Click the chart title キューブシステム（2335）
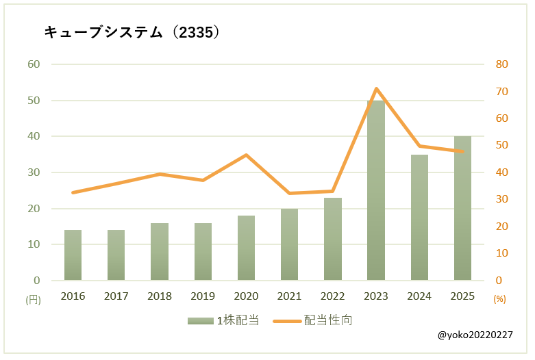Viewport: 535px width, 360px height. pos(132,32)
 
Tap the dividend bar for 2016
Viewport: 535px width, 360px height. pos(73,255)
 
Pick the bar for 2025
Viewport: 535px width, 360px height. pos(462,208)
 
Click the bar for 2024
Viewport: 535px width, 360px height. pos(419,217)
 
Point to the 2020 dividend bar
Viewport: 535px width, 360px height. pos(246,248)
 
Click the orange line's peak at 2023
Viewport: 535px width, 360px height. pos(376,88)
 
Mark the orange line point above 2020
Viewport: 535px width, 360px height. pos(246,155)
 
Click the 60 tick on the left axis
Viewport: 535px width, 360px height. pos(34,64)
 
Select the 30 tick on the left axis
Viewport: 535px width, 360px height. pos(34,172)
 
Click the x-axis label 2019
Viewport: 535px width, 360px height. pos(203,296)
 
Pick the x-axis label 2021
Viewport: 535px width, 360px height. pos(289,296)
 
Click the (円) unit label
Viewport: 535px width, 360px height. pos(33,299)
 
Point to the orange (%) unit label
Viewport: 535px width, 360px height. pos(499,299)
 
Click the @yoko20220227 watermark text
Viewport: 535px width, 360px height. pos(475,335)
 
